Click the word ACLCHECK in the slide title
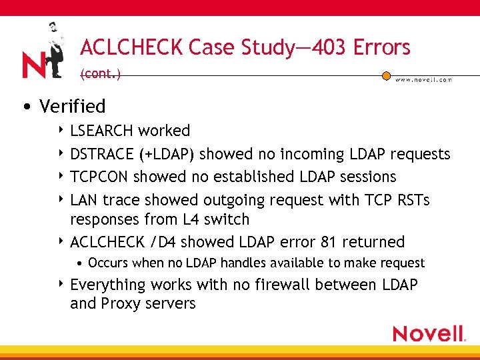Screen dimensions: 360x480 pyautogui.click(x=131, y=48)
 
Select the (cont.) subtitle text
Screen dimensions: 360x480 pyautogui.click(x=100, y=74)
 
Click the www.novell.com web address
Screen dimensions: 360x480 pyautogui.click(x=423, y=79)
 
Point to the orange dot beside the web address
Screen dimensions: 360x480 pyautogui.click(x=386, y=75)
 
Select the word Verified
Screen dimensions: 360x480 pyautogui.click(x=72, y=106)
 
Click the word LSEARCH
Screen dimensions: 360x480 pyautogui.click(x=101, y=131)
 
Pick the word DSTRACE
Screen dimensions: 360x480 pyautogui.click(x=102, y=154)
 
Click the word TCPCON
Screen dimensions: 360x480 pyautogui.click(x=99, y=177)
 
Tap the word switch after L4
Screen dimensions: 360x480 pyautogui.click(x=227, y=219)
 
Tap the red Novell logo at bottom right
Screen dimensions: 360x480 pyautogui.click(x=429, y=333)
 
